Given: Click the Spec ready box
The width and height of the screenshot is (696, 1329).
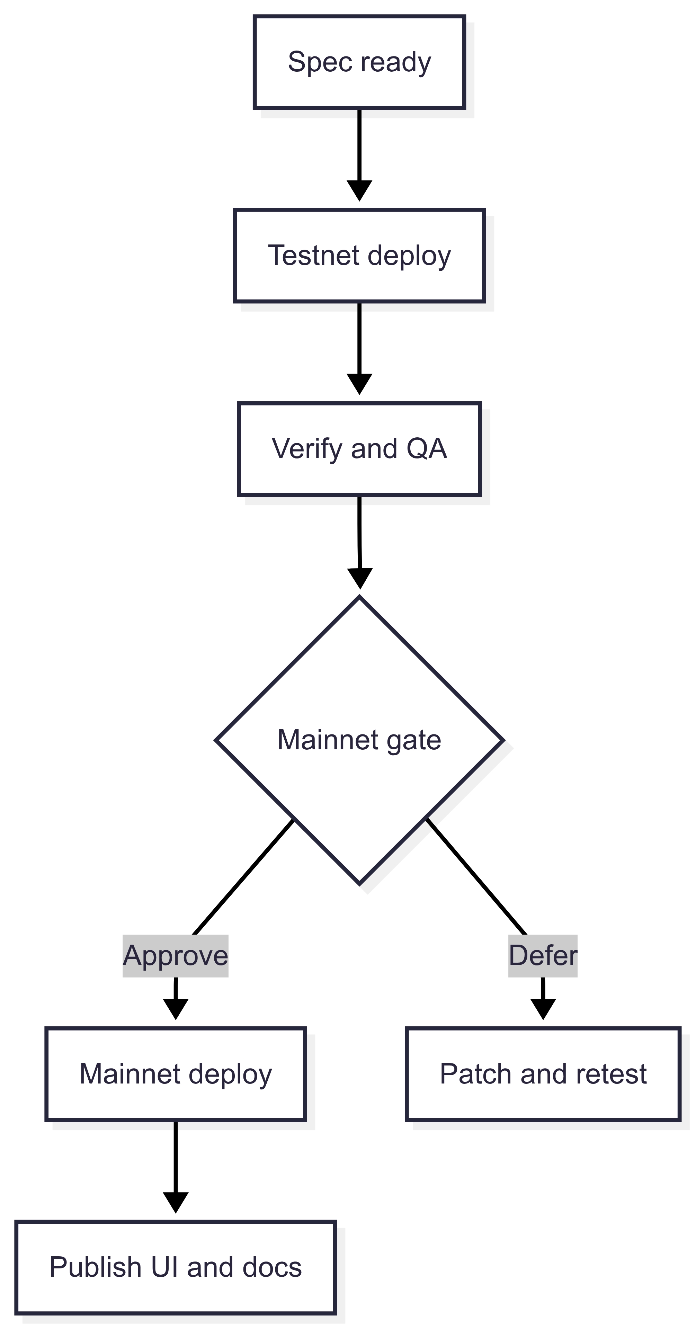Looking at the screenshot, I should coord(359,62).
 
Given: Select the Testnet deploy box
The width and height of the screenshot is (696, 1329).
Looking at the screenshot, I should coord(359,256).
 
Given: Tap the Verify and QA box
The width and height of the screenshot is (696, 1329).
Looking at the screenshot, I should coord(359,448).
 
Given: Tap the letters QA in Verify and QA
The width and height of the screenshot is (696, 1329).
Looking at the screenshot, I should coord(426,448).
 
